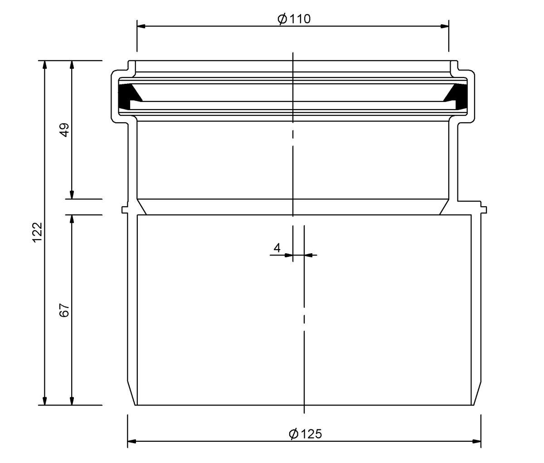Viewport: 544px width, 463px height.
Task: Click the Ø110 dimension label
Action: pyautogui.click(x=294, y=19)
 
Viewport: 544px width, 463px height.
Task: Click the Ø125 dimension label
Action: pyautogui.click(x=305, y=434)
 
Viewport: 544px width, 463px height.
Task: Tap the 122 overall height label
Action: pyautogui.click(x=37, y=232)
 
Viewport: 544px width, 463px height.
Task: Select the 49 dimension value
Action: pyautogui.click(x=64, y=130)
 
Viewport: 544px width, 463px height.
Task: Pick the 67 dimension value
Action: pyautogui.click(x=64, y=310)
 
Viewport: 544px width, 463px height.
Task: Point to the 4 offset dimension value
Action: pyautogui.click(x=277, y=248)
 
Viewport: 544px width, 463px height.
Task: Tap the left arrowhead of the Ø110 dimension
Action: pyautogui.click(x=141, y=26)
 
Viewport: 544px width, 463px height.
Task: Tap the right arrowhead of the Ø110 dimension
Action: pyautogui.click(x=445, y=26)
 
